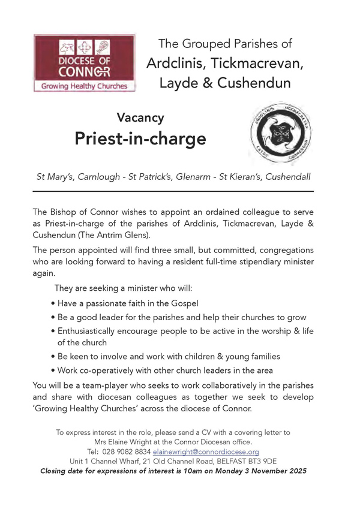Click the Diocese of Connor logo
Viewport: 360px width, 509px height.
84,63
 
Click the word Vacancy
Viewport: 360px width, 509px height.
140,118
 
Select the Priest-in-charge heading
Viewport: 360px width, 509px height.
140,139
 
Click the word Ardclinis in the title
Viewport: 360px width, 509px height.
175,63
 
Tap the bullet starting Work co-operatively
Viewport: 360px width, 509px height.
165,370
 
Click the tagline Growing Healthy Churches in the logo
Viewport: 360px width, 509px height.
84,86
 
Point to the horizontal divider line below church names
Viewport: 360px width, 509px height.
173,191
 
